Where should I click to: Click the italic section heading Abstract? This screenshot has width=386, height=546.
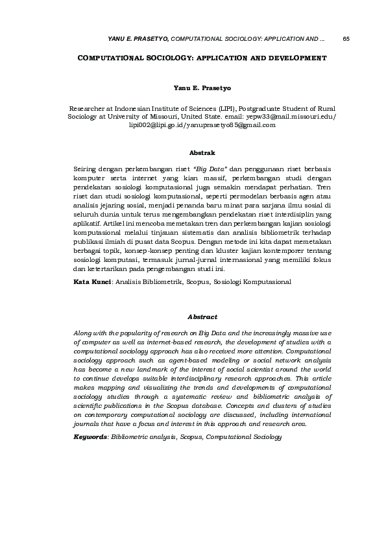click(x=202, y=316)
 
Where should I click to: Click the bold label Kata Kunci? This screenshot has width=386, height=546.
click(x=93, y=282)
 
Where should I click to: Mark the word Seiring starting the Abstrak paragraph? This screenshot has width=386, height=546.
click(x=86, y=169)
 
